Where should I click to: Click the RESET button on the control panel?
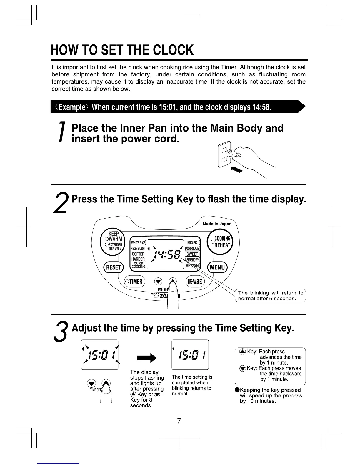point(114,267)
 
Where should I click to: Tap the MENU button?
point(217,267)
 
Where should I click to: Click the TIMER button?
point(134,282)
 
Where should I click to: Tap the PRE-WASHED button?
point(195,282)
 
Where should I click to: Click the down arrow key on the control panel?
point(158,282)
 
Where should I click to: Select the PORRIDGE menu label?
point(192,248)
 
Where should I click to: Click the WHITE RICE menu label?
point(138,243)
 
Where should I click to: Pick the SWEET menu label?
point(192,254)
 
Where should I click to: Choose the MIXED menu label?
point(192,243)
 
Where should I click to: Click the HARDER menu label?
point(138,259)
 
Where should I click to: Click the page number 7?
point(179,421)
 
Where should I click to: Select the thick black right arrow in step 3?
point(146,358)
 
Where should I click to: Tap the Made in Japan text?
point(217,224)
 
